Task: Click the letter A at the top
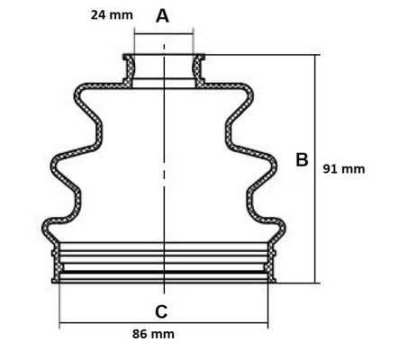pos(162,16)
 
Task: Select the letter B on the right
pos(302,159)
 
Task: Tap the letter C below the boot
pos(161,311)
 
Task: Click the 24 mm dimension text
pos(112,15)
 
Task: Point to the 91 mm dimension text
pos(344,169)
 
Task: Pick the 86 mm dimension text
pos(153,334)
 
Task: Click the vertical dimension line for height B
pos(315,169)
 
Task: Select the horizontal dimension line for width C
pos(164,323)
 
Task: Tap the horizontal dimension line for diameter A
pos(164,34)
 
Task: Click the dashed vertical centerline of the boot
pos(164,168)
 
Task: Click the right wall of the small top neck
pos(198,71)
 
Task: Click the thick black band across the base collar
pos(164,272)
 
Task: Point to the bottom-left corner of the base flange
pos(52,283)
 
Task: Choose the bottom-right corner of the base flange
pos(276,283)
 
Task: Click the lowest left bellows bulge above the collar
pos(44,229)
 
